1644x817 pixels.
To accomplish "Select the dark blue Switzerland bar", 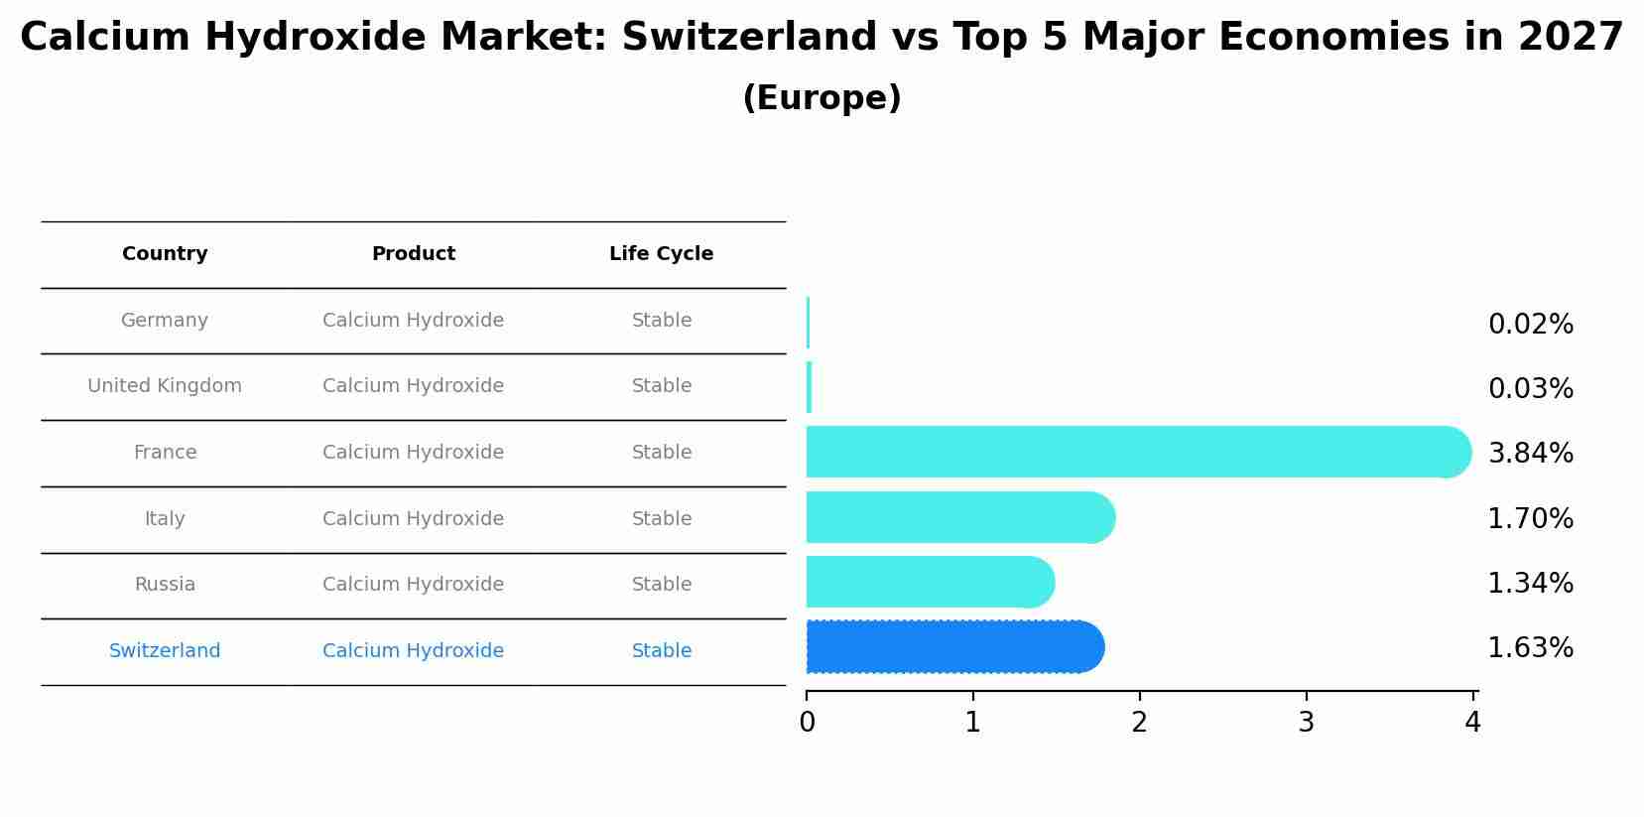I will (952, 647).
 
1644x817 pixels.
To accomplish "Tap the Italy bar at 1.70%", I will (958, 517).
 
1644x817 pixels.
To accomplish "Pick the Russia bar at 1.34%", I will (929, 582).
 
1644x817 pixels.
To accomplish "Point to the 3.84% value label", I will (1530, 454).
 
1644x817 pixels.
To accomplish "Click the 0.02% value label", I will (1530, 325).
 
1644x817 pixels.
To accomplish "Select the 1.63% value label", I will (1530, 648).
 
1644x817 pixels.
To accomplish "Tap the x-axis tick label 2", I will (1139, 723).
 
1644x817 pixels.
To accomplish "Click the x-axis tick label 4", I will (1472, 723).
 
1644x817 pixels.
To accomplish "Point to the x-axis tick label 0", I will (807, 723).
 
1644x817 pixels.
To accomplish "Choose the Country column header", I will (165, 254).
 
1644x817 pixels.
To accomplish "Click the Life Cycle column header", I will (661, 254).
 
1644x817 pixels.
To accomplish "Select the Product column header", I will (413, 254).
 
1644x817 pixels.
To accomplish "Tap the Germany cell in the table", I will (165, 321).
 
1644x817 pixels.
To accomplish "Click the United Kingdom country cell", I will (165, 386).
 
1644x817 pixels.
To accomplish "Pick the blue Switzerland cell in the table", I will (165, 651).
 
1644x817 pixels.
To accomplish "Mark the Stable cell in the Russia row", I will (661, 585).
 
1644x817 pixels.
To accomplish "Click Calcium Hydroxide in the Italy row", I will (413, 519).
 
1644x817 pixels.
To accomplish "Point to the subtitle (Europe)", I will (822, 98).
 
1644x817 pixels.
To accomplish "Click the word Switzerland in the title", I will (749, 38).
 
